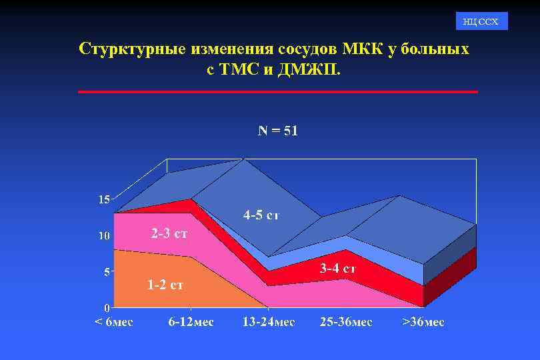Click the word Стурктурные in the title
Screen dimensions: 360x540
click(131, 49)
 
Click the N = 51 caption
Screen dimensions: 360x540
click(278, 131)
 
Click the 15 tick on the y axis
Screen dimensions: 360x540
click(104, 199)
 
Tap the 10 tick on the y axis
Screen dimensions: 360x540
click(104, 236)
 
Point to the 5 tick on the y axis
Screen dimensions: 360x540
click(107, 272)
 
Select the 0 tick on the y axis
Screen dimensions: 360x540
click(107, 308)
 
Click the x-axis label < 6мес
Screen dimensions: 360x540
click(113, 322)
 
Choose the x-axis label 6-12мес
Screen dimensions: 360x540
click(191, 322)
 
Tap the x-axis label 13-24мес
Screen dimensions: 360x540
click(268, 322)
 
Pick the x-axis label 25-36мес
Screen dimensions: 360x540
click(345, 322)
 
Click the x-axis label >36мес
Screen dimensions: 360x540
click(423, 322)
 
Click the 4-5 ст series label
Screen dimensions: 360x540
click(261, 215)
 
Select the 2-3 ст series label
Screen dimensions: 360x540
click(169, 234)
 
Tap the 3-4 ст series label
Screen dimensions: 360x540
click(337, 269)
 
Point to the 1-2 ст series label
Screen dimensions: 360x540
click(165, 285)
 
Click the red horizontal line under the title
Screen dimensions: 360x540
click(278, 91)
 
